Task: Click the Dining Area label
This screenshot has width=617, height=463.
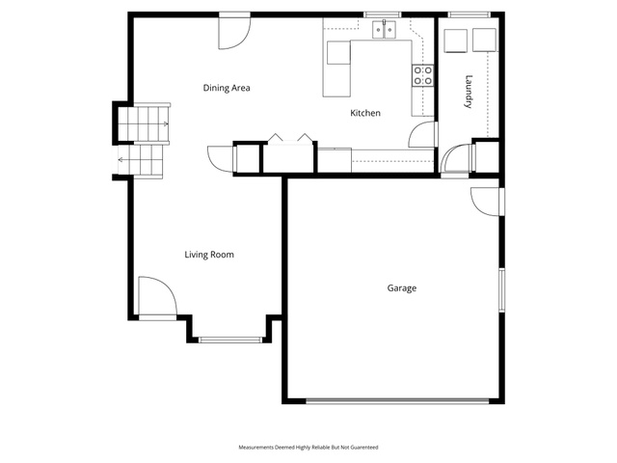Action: [x=227, y=88]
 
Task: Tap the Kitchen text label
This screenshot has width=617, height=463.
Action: [x=365, y=113]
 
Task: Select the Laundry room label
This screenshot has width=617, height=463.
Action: [x=469, y=92]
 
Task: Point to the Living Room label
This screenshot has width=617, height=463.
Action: [x=209, y=255]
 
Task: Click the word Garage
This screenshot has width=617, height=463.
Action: [x=402, y=288]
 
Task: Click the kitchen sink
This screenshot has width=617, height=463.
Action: [x=384, y=30]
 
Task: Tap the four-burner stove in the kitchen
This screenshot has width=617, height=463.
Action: [x=423, y=75]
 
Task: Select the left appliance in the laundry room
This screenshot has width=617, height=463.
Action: [x=456, y=41]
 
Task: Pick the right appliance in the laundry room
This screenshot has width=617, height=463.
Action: [x=484, y=40]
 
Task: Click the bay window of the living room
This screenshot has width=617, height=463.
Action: [x=230, y=340]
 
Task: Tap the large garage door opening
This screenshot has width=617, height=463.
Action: [x=397, y=401]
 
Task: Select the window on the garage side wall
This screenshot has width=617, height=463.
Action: [x=501, y=289]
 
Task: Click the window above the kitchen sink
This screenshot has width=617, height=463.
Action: [x=382, y=15]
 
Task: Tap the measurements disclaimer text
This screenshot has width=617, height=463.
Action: [x=308, y=448]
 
